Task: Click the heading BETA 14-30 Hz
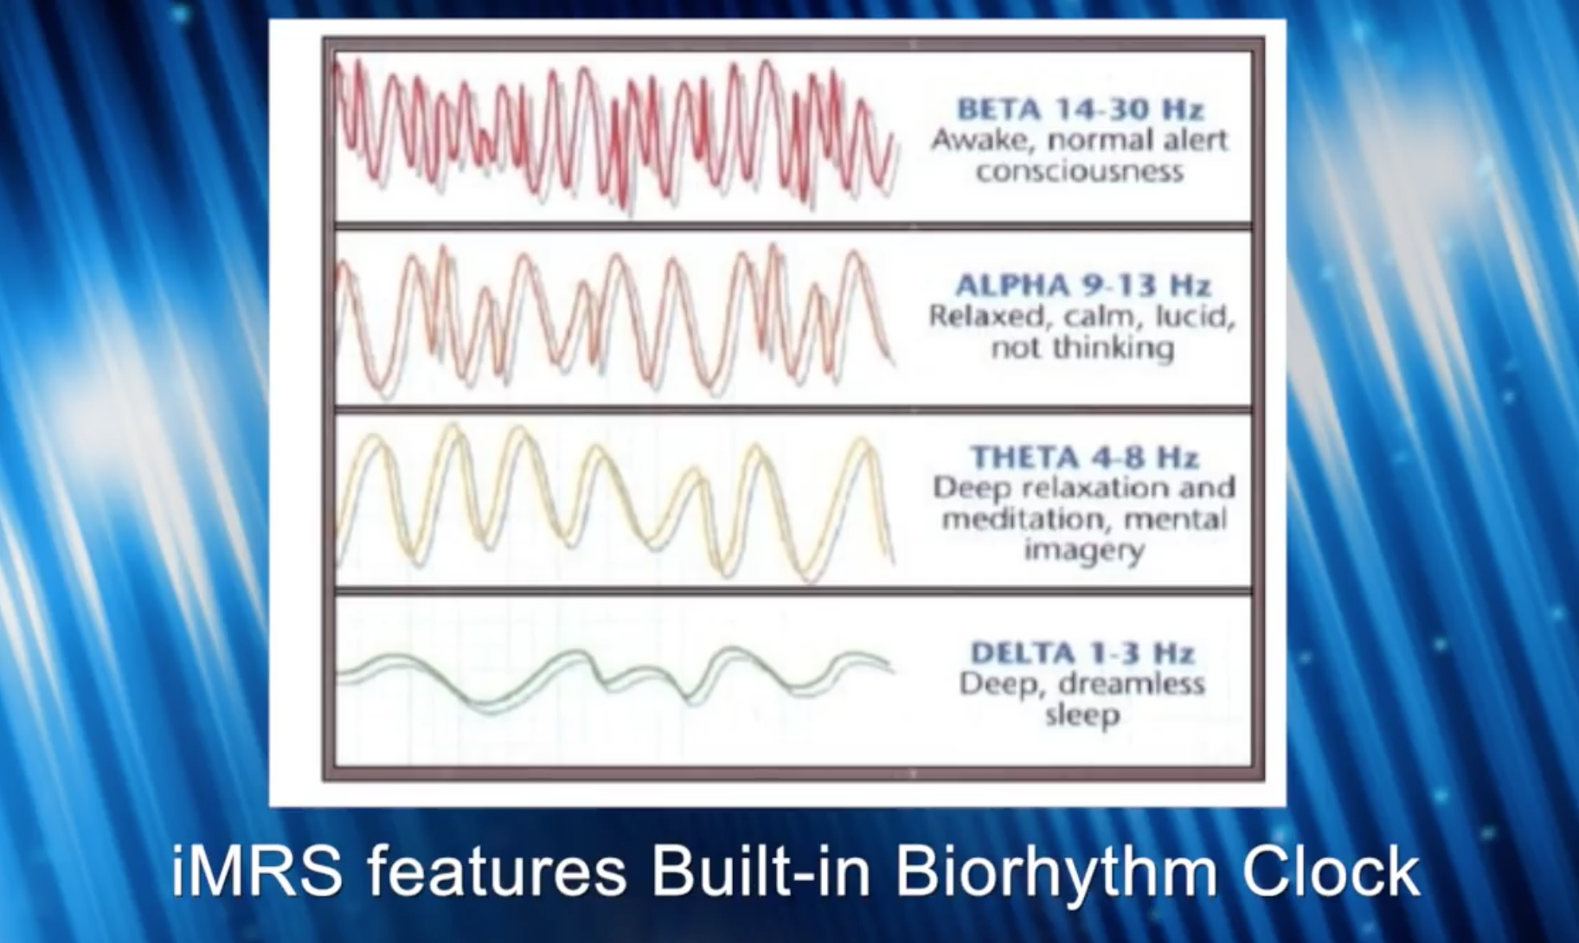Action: [x=1081, y=109]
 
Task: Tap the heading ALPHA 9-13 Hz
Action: [x=1082, y=285]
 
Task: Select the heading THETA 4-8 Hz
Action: [x=1084, y=457]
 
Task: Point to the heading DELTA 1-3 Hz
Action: [x=1082, y=652]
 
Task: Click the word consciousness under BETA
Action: [x=1080, y=171]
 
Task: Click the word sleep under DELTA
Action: [x=1082, y=715]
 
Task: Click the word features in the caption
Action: [x=497, y=871]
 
